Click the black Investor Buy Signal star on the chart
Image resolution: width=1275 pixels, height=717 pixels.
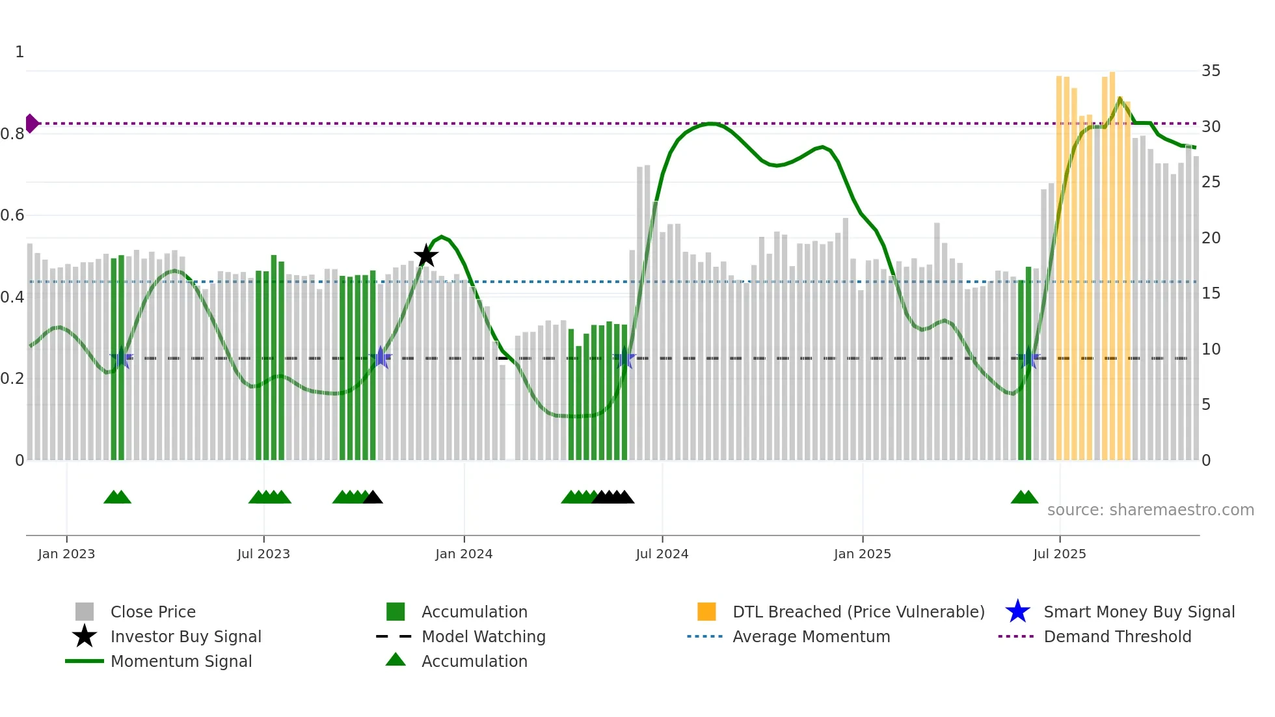(426, 256)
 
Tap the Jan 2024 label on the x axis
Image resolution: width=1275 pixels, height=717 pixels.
(464, 554)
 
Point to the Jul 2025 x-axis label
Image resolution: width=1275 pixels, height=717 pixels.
(1060, 554)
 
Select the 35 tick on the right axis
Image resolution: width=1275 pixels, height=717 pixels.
(1211, 70)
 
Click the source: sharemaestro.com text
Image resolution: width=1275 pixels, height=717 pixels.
(1150, 509)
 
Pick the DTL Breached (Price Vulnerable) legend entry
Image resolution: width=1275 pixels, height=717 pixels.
(858, 612)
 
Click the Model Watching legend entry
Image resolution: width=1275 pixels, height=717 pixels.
(483, 636)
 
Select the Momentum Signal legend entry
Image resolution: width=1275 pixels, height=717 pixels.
(181, 661)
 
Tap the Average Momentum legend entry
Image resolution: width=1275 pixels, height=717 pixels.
(811, 636)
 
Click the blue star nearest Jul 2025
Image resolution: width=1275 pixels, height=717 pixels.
(1028, 358)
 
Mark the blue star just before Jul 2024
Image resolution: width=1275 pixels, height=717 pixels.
(624, 358)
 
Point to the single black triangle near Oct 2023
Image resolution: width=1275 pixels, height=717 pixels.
(373, 497)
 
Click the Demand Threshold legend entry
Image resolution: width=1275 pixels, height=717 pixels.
(1117, 636)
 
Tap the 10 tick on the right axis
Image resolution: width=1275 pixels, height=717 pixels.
(1211, 349)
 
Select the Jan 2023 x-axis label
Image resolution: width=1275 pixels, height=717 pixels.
(66, 554)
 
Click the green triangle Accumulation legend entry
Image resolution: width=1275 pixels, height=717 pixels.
(474, 661)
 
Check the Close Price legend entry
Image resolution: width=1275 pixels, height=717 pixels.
(152, 612)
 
